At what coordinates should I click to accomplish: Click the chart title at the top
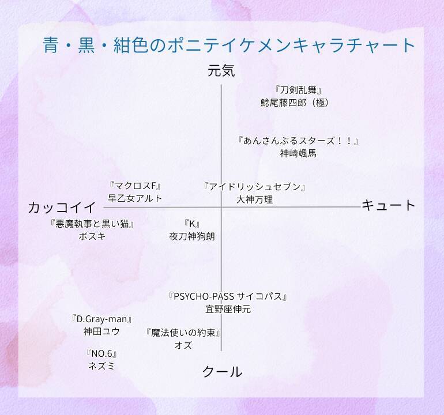click(229, 45)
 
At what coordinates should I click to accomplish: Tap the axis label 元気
click(221, 71)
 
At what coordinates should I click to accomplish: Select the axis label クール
click(222, 372)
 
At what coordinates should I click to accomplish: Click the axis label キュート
click(389, 205)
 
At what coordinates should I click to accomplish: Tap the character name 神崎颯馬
click(298, 153)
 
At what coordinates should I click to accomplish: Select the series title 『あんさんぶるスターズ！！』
click(299, 141)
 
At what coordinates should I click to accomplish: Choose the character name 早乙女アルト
click(135, 198)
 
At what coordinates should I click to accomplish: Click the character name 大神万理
click(254, 199)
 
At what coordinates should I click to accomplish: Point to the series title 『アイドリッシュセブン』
click(254, 187)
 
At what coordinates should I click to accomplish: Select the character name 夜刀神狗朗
click(192, 236)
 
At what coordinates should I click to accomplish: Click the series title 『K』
click(191, 224)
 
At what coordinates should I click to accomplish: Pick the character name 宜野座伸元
click(228, 309)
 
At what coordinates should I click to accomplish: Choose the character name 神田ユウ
click(102, 331)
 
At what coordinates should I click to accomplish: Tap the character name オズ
click(183, 345)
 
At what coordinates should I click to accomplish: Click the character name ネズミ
click(101, 365)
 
